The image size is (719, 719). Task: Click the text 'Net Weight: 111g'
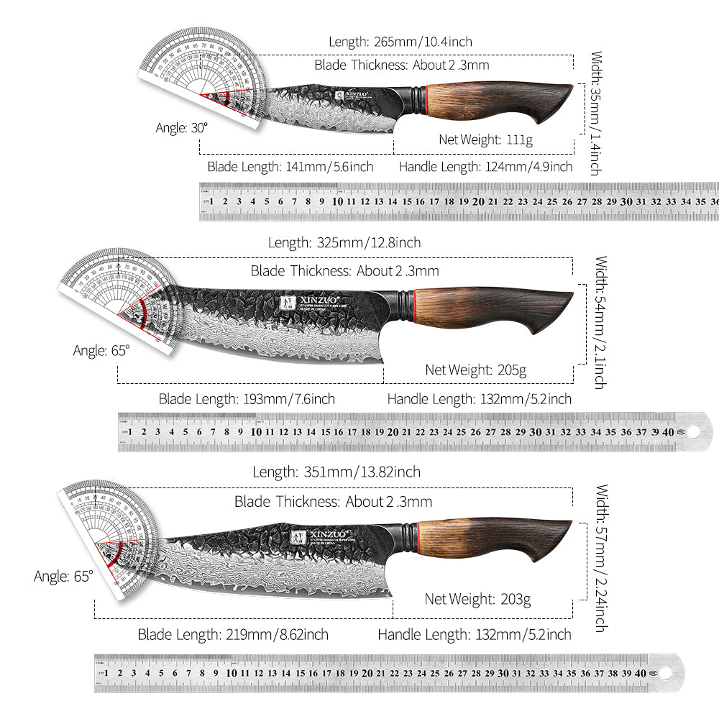(485, 139)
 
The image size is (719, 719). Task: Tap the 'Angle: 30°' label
(182, 128)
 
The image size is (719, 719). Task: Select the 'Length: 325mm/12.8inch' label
(344, 243)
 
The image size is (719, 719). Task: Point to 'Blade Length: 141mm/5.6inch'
(290, 167)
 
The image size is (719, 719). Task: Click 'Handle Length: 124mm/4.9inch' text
(485, 167)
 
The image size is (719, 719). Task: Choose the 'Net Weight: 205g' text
(476, 370)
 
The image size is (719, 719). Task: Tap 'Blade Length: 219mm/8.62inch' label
(233, 635)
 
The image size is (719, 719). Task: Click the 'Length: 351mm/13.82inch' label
(336, 472)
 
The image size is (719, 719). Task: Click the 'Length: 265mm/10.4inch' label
(400, 42)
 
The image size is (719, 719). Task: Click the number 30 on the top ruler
(626, 202)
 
